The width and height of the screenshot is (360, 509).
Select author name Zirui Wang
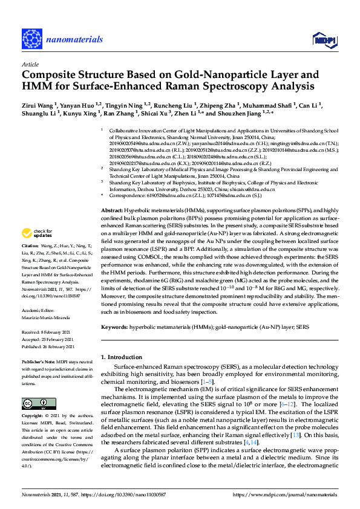pos(38,105)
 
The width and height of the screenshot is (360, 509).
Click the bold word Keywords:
pos(116,327)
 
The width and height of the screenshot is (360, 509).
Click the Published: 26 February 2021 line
pos(48,347)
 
